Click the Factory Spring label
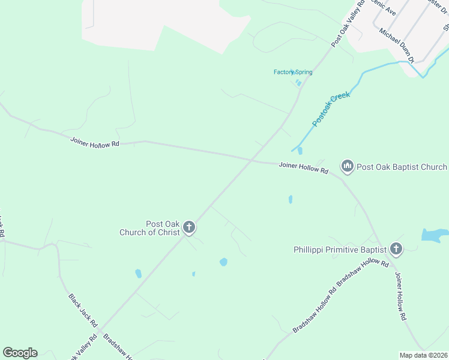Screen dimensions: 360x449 point(293,72)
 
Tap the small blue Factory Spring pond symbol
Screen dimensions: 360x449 point(298,83)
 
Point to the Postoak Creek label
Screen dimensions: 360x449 point(331,109)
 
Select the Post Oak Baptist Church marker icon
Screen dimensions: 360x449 point(347,166)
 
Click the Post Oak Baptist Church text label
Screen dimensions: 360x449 point(402,167)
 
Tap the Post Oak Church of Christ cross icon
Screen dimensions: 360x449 point(189,227)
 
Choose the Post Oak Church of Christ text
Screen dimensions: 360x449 point(150,228)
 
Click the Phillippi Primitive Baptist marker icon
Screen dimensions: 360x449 point(396,248)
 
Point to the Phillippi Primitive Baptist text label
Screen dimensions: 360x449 point(340,249)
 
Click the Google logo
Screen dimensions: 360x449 point(20,353)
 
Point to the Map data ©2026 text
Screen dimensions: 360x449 point(423,355)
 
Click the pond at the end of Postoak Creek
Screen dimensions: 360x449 point(300,151)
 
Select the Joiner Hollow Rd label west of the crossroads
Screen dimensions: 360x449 point(95,143)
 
